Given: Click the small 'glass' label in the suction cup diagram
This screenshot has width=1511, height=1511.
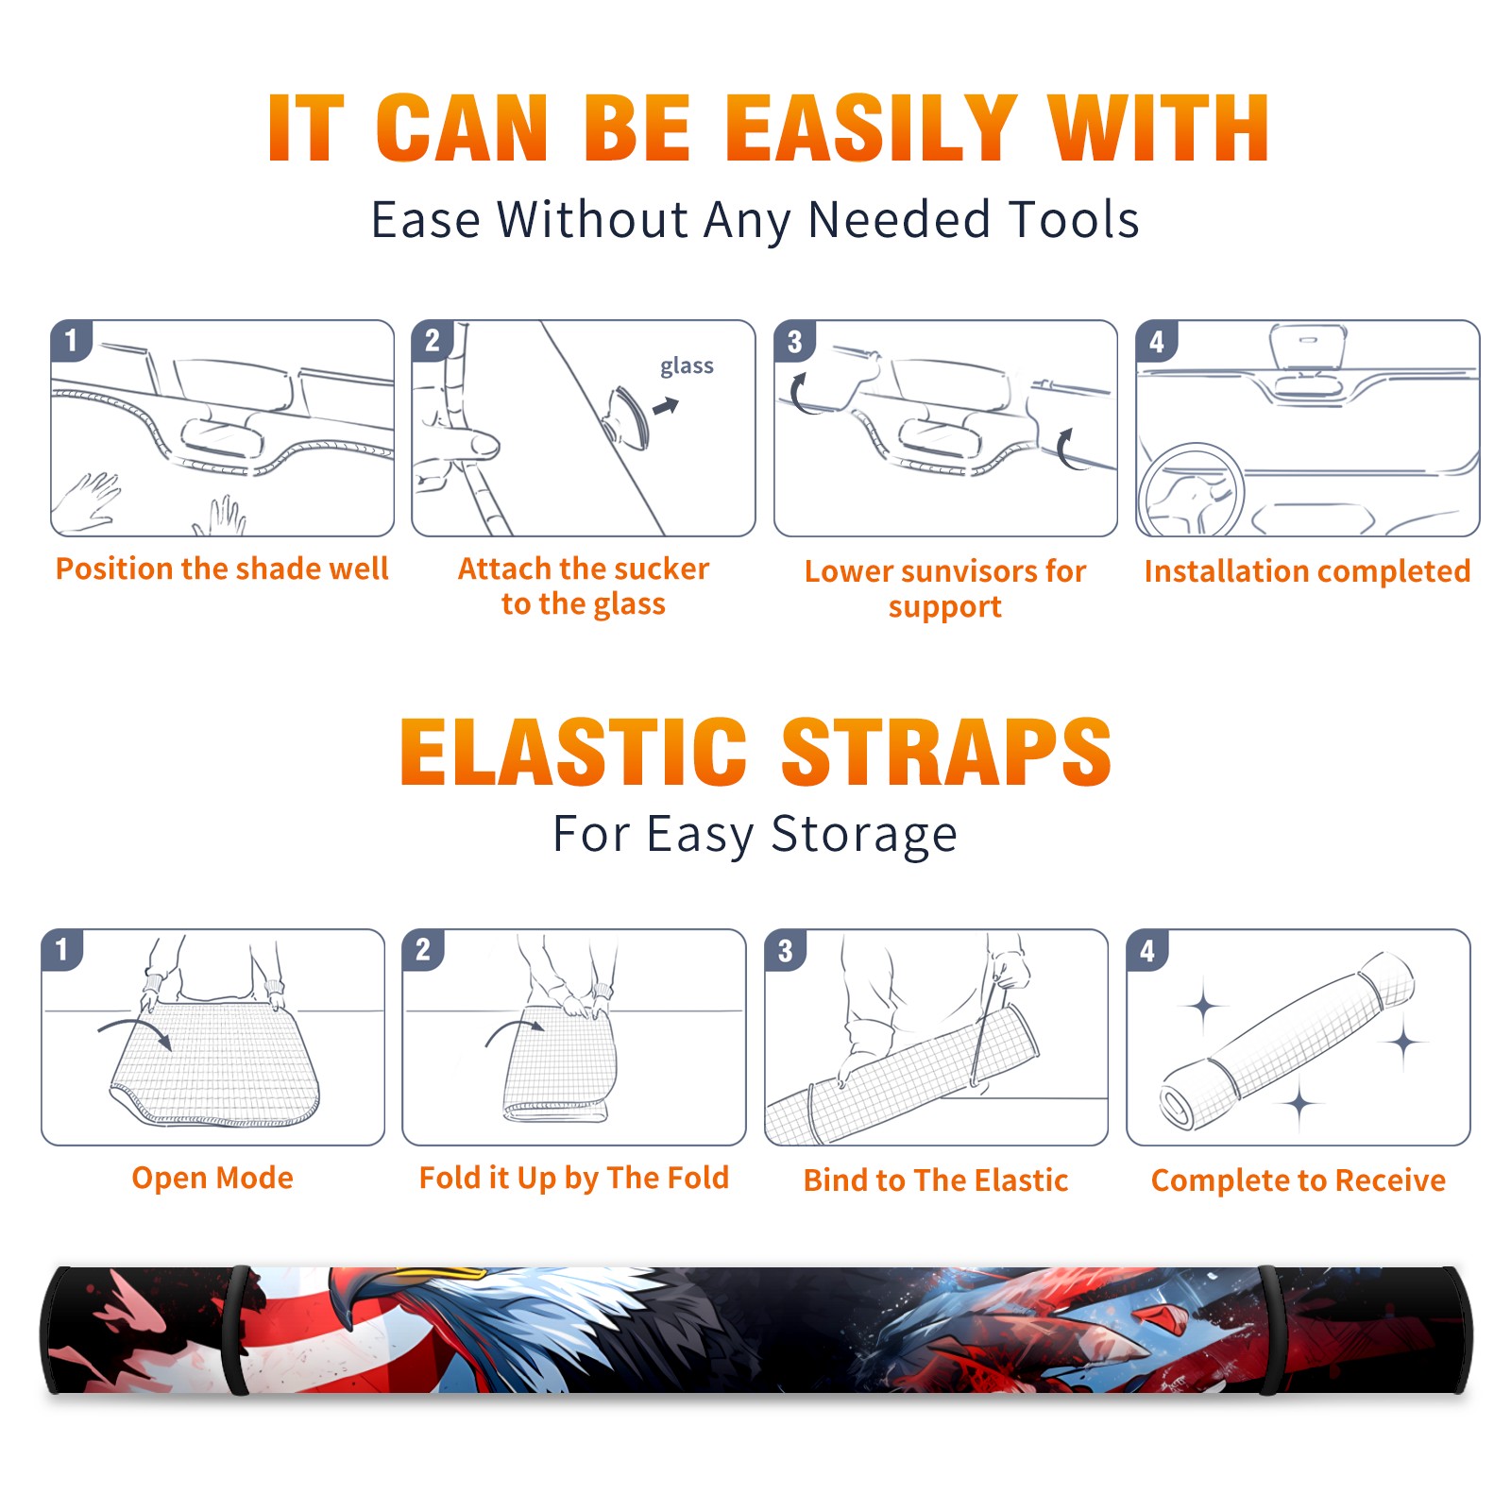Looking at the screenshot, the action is (x=687, y=366).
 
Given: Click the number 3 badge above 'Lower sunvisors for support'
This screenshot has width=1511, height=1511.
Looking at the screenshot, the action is (x=795, y=341).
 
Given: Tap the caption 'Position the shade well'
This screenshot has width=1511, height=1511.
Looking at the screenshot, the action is (x=222, y=569).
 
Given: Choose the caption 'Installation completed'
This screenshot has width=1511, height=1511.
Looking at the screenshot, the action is (x=1307, y=570).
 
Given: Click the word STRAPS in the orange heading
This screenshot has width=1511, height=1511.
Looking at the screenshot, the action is (x=946, y=752).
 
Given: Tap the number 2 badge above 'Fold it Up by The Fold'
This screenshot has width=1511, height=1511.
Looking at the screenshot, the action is (x=423, y=949).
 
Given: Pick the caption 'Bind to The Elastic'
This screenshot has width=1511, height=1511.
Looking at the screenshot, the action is (x=935, y=1180).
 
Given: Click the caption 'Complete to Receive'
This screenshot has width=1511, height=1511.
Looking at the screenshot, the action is (x=1299, y=1180).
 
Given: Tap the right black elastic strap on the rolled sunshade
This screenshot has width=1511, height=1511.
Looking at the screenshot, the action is (x=1268, y=1331).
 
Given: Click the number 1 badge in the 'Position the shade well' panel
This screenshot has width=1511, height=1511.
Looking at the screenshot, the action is (x=72, y=340).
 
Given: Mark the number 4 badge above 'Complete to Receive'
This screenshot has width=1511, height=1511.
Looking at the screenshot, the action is (x=1147, y=950).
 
